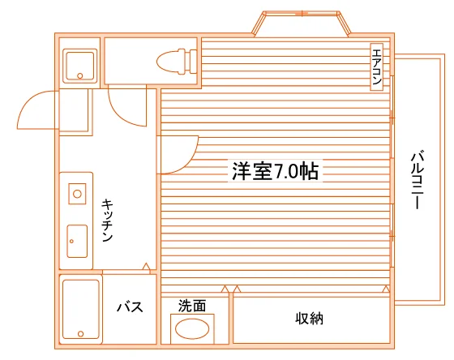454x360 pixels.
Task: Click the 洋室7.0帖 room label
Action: pyautogui.click(x=275, y=171)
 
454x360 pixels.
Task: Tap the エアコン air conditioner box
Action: pyautogui.click(x=377, y=67)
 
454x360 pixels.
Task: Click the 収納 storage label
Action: pyautogui.click(x=309, y=319)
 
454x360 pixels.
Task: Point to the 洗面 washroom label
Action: pyautogui.click(x=192, y=306)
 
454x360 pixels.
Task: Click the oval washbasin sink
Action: pyautogui.click(x=192, y=328)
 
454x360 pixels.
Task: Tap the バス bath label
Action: pyautogui.click(x=130, y=306)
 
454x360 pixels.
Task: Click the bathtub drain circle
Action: pyautogui.click(x=81, y=334)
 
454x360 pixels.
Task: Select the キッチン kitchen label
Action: pyautogui.click(x=107, y=221)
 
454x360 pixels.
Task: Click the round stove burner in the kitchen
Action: pyautogui.click(x=77, y=194)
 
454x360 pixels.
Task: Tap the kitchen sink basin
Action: pyautogui.click(x=77, y=242)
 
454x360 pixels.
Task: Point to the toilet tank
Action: pyautogui.click(x=193, y=62)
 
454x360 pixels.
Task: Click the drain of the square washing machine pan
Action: pyautogui.click(x=80, y=76)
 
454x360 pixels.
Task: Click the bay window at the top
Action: pyautogui.click(x=302, y=24)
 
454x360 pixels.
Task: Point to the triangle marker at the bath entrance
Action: pyautogui.click(x=147, y=267)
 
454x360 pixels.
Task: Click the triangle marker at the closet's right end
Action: pyautogui.click(x=386, y=289)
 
